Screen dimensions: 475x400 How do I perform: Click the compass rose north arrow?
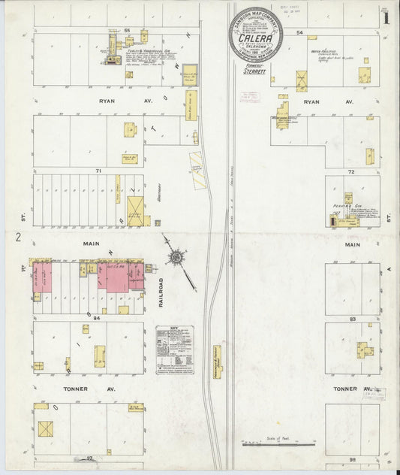click(x=176, y=257)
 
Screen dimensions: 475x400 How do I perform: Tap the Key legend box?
click(x=174, y=349)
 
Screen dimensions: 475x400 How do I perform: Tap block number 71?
click(x=98, y=171)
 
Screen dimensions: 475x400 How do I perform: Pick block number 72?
click(x=351, y=171)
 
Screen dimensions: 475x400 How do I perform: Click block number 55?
click(x=128, y=30)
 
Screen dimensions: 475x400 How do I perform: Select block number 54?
click(x=299, y=32)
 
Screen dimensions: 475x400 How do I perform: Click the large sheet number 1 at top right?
click(x=385, y=17)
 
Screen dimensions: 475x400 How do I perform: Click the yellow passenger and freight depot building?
click(x=217, y=362)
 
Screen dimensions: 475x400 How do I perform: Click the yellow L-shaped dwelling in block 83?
click(x=365, y=350)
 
